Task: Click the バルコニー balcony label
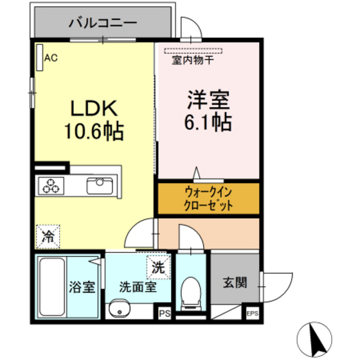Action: tap(102, 23)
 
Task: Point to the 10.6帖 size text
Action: tap(93, 132)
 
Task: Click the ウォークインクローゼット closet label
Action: tap(208, 199)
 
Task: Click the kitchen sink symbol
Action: tap(100, 186)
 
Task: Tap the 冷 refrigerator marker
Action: tap(48, 235)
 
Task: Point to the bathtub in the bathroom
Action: tap(51, 285)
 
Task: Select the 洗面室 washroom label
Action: tap(137, 287)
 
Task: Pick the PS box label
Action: tap(165, 313)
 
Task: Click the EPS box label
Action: tap(253, 314)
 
